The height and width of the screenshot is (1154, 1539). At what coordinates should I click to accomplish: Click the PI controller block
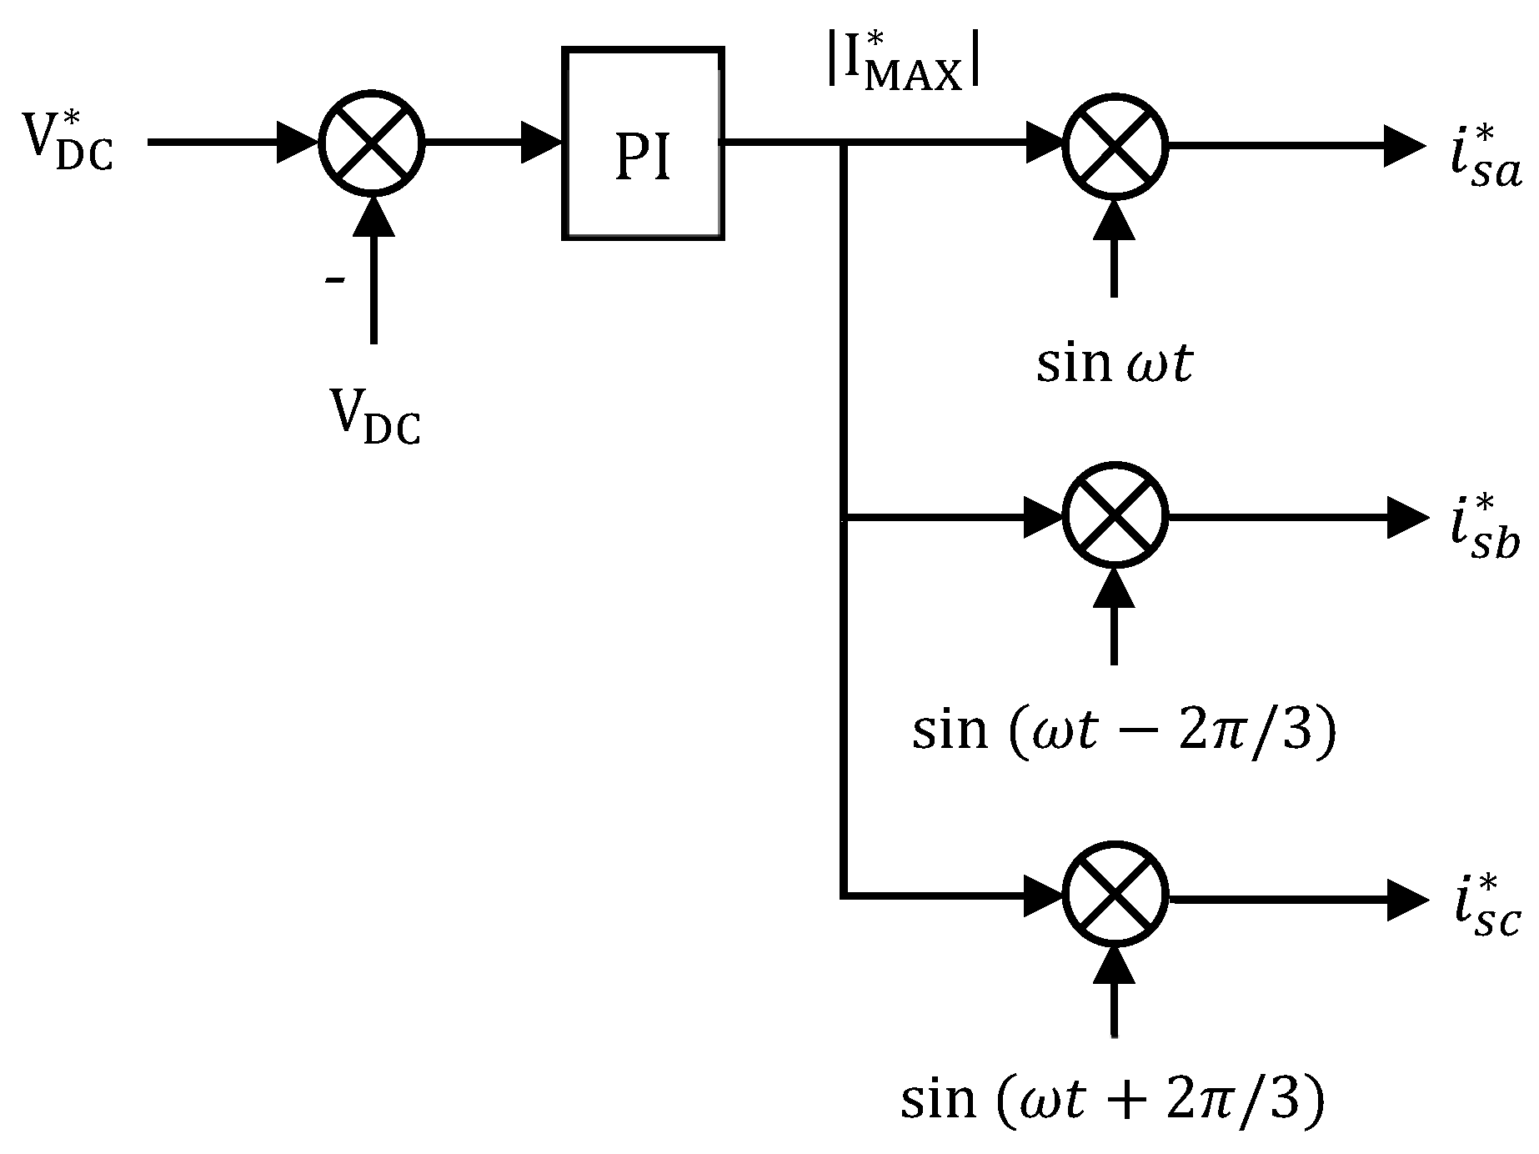(642, 144)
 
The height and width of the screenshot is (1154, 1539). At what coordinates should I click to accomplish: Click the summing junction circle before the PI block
(373, 143)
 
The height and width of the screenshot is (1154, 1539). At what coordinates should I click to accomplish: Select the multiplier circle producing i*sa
(1115, 145)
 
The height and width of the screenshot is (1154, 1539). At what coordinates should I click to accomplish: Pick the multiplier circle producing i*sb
(1115, 518)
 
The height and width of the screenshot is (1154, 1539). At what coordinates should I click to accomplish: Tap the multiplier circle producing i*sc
(1115, 898)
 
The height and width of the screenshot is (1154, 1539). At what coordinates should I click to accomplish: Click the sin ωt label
(1115, 364)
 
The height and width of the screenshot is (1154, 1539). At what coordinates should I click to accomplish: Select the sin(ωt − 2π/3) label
(1124, 730)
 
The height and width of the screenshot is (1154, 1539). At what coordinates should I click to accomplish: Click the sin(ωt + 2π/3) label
(1113, 1100)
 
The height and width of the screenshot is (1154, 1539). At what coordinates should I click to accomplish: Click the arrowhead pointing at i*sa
(1404, 145)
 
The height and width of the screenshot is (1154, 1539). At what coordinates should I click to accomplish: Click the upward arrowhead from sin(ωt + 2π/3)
(1115, 966)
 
